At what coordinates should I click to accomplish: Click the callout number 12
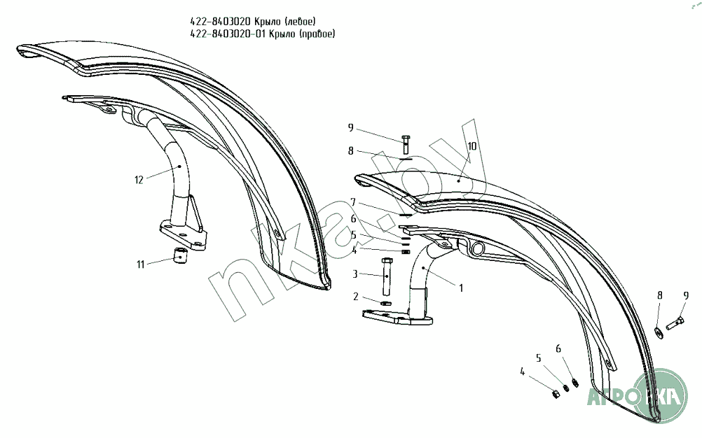point(139,181)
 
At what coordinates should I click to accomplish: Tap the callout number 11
point(141,264)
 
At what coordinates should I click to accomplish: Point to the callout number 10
point(472,147)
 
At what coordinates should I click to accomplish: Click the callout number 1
point(460,287)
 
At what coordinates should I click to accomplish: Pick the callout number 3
point(355,274)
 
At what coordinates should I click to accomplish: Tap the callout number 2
point(355,296)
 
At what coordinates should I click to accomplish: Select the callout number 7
point(354,202)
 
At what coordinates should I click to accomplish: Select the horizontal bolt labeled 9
point(673,324)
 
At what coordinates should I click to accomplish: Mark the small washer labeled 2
point(385,303)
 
